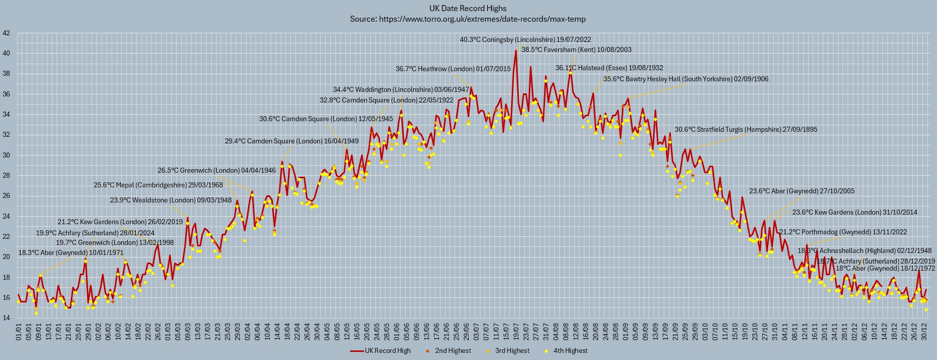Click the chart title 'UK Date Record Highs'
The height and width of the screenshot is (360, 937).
coord(468,8)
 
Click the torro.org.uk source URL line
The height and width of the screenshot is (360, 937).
coord(468,19)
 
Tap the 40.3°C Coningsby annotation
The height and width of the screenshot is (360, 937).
coord(525,39)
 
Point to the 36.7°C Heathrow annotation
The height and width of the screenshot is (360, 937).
coord(453,69)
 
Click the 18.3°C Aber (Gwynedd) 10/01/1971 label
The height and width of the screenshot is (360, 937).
coord(71,252)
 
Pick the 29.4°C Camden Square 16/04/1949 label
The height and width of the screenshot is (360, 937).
coord(291,141)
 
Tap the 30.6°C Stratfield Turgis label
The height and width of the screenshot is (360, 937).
coord(746,130)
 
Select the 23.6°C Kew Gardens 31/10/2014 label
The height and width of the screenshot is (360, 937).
coord(855,213)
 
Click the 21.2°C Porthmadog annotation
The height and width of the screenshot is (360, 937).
coord(843,232)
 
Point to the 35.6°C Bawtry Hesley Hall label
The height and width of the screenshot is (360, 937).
coord(686,79)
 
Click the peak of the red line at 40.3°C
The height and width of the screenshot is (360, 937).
coord(516,50)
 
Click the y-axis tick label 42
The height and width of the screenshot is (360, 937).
coord(6,33)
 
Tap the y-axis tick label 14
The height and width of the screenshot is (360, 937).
coord(6,318)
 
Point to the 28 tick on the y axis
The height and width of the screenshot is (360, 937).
coord(6,176)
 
